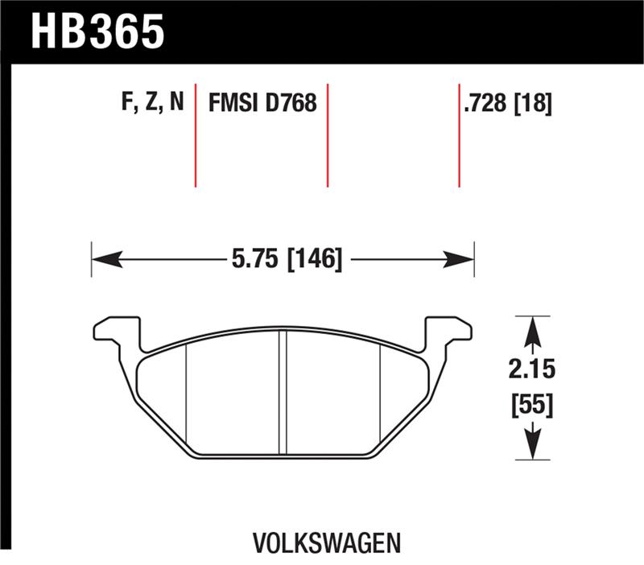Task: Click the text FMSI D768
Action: point(262,103)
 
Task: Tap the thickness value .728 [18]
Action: point(507,103)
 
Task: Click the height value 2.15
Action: point(532,371)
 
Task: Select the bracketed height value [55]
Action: point(532,406)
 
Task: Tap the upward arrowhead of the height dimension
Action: point(532,330)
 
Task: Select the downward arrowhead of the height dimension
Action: point(532,444)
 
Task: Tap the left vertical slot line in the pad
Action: point(187,394)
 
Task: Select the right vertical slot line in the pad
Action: point(380,394)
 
